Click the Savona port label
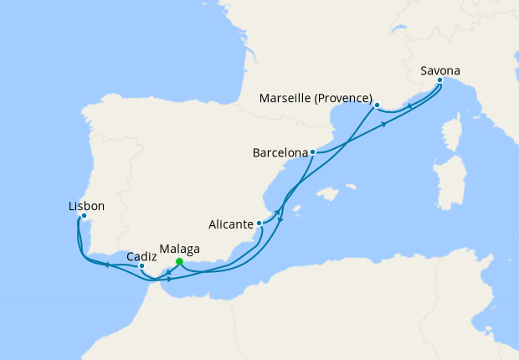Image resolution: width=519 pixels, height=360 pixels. point(440,70)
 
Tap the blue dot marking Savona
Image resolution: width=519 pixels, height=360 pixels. point(440,81)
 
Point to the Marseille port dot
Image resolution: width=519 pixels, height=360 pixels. point(377,105)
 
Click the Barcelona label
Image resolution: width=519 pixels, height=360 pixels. point(280,153)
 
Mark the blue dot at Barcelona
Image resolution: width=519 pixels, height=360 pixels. point(312,152)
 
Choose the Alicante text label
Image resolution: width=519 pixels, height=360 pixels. point(231,224)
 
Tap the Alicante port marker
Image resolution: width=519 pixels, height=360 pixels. point(260,224)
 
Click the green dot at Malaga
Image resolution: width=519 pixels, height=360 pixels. point(179,261)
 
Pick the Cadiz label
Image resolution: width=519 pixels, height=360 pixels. point(140,256)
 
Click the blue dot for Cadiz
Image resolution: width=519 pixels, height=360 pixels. point(142,267)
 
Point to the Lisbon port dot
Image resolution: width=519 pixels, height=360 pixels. point(84,216)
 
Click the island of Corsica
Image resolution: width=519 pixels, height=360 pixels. point(452,135)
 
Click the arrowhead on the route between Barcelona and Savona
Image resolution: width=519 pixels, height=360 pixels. point(384,123)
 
